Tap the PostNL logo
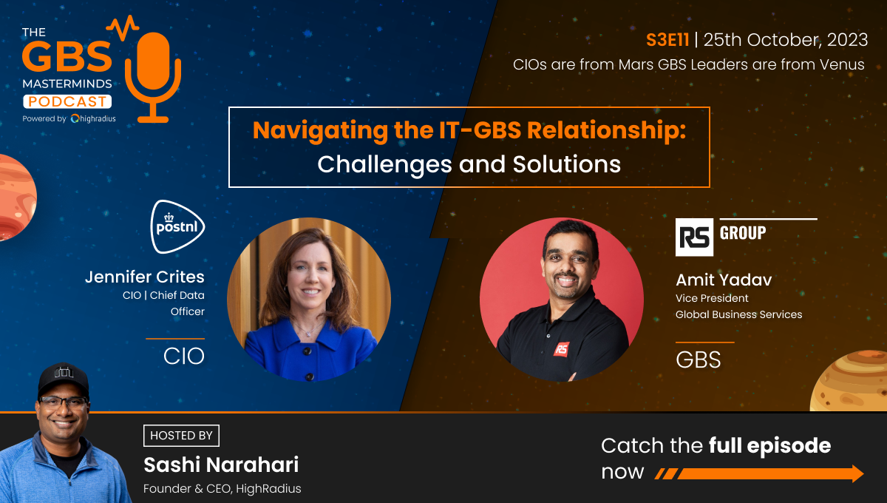coord(177,227)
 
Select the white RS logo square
coord(694,237)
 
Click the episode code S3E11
coord(667,40)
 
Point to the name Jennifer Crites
coord(145,277)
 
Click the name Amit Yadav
coord(724,280)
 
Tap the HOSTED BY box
coord(181,436)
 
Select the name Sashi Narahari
coord(221,465)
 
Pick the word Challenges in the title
coord(384,164)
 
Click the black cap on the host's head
coord(64,379)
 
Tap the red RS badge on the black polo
coord(561,349)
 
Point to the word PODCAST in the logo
coord(67,101)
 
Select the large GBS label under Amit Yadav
coord(698,359)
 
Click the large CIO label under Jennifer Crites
coord(184,356)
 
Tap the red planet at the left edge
coord(17,198)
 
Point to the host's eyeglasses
coord(64,402)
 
